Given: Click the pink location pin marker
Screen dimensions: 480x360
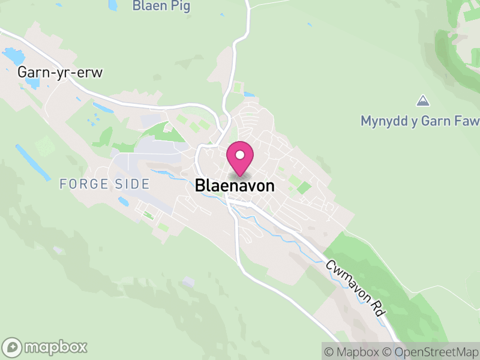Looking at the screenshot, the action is (240, 159).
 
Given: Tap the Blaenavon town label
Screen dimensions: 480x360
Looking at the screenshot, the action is (235, 186).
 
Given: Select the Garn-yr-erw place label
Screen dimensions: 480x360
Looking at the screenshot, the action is (61, 73).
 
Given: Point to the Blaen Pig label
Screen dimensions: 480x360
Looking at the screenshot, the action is (161, 7).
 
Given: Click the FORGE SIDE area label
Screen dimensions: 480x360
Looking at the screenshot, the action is (104, 184).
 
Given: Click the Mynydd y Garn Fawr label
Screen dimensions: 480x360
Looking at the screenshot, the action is (420, 121).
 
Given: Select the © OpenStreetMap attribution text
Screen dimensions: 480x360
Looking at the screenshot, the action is (431, 351).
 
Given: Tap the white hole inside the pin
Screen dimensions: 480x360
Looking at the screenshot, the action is (240, 155).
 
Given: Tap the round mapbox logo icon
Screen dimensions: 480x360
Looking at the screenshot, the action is (13, 347).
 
